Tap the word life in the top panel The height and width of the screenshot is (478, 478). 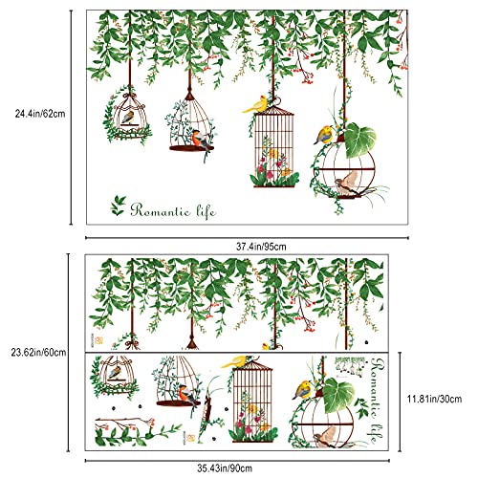202,208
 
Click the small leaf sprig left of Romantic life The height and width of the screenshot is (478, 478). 118,202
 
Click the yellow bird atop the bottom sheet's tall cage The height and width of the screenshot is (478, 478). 238,358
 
